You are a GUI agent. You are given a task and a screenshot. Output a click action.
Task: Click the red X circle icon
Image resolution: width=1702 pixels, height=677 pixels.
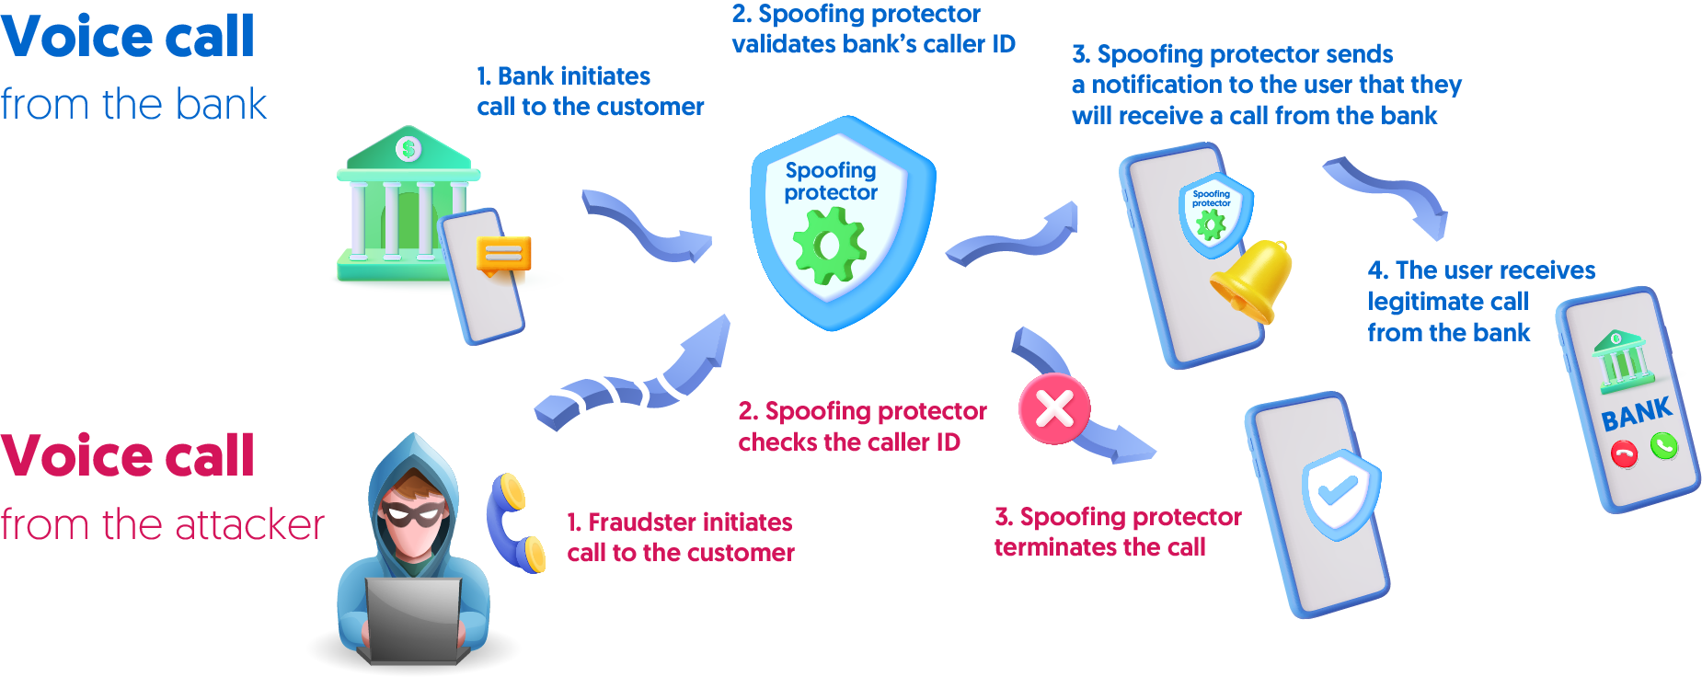point(1054,409)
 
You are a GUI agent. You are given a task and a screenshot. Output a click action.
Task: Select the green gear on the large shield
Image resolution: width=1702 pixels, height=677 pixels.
point(829,246)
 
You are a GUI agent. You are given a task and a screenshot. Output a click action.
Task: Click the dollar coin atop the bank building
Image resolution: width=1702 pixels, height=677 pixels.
point(408,148)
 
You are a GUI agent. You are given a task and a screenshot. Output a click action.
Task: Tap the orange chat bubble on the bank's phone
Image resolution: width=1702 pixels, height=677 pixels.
point(503,254)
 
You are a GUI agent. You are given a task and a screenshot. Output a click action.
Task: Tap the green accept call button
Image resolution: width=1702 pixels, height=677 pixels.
point(1663,446)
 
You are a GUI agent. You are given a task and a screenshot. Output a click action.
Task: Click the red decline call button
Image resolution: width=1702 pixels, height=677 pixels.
point(1624,453)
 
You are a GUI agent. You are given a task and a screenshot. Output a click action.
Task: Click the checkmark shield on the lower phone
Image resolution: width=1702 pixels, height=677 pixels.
point(1340,492)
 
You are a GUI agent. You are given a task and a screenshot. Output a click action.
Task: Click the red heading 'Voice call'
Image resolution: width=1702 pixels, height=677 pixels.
point(127,456)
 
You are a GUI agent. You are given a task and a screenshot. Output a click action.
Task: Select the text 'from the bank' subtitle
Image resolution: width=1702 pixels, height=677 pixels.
point(133,104)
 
